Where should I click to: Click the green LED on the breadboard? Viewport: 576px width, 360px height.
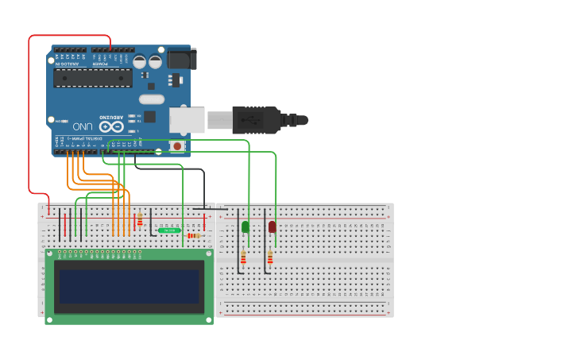pyautogui.click(x=245, y=226)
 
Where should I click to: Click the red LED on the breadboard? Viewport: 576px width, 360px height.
pyautogui.click(x=272, y=226)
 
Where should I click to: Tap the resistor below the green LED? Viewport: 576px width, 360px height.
pyautogui.click(x=243, y=257)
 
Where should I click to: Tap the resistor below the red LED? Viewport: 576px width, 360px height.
pyautogui.click(x=270, y=257)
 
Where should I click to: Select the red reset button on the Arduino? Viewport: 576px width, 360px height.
pyautogui.click(x=176, y=146)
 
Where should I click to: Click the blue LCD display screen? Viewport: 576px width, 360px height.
pyautogui.click(x=129, y=285)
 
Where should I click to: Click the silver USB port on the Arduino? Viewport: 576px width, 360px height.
pyautogui.click(x=186, y=120)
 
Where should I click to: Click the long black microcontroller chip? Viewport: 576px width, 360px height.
pyautogui.click(x=93, y=77)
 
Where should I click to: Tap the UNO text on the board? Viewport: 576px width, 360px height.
pyautogui.click(x=83, y=126)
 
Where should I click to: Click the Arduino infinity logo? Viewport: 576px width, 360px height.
pyautogui.click(x=111, y=126)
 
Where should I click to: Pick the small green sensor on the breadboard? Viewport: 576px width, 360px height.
pyautogui.click(x=169, y=230)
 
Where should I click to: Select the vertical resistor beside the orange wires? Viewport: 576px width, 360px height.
pyautogui.click(x=140, y=218)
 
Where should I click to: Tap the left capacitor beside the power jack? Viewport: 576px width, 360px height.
pyautogui.click(x=140, y=61)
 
